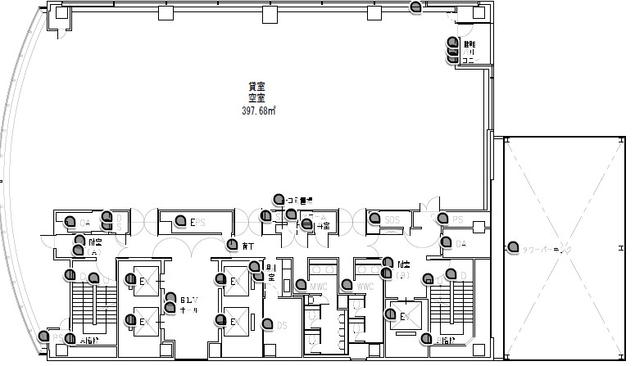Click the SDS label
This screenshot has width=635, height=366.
(392, 219)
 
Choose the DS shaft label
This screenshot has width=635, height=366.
(281, 325)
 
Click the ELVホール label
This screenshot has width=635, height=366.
(186, 304)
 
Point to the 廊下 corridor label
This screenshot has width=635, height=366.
(248, 246)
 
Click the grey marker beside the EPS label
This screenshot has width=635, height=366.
(180, 222)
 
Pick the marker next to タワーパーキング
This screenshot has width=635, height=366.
(512, 246)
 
